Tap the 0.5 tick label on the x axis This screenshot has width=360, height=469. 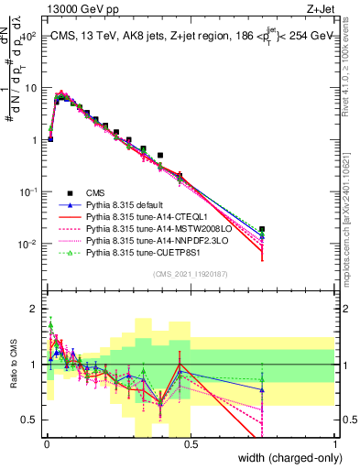coord(191,444)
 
